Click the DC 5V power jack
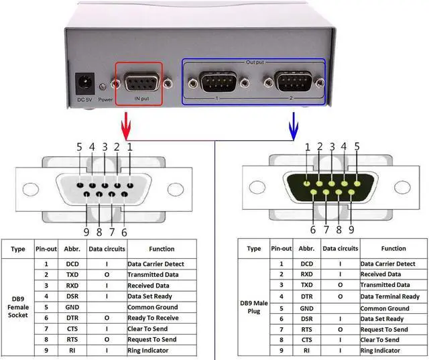85,84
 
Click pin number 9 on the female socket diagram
86,232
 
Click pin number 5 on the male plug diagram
357,146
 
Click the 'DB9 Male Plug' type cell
254,308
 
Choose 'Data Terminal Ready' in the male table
390,296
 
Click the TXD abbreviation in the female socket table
72,275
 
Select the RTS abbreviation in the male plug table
306,329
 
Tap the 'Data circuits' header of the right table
339,249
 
